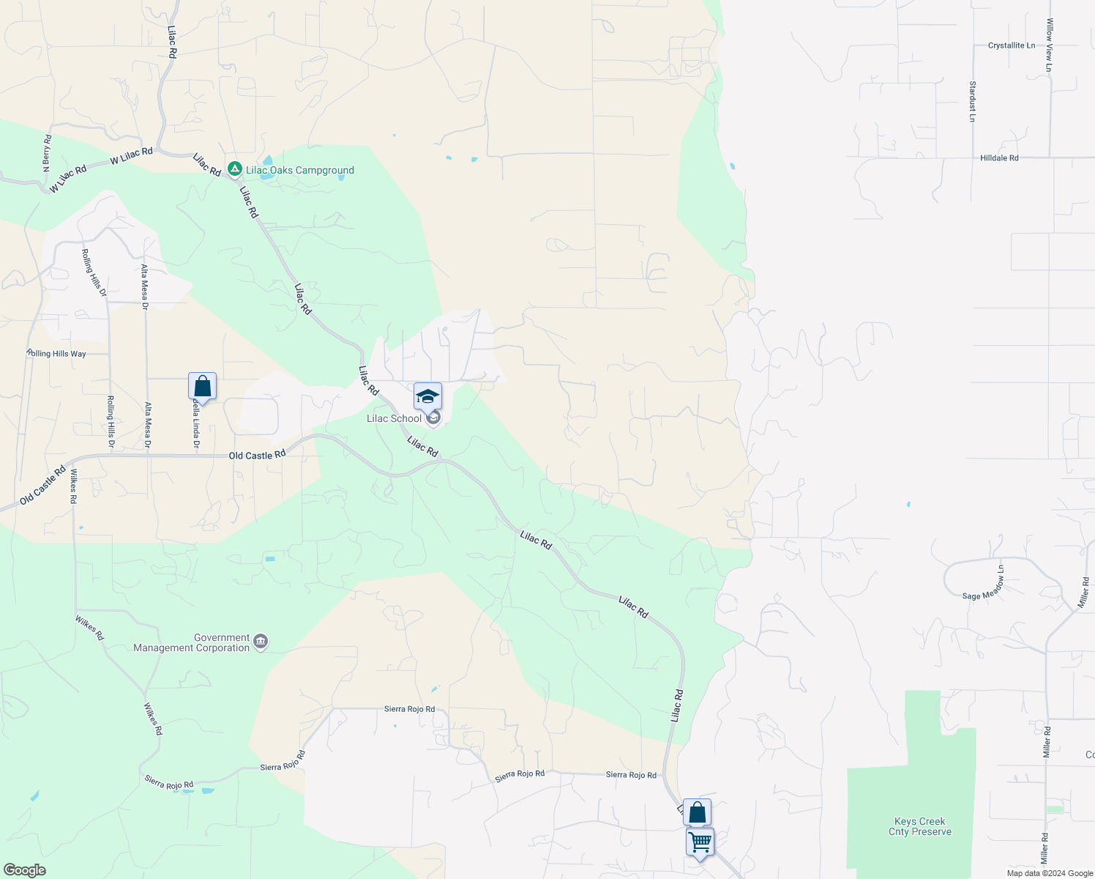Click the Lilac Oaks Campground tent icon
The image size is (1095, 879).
click(235, 170)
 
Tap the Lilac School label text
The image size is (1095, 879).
click(394, 419)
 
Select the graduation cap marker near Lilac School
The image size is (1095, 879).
click(427, 396)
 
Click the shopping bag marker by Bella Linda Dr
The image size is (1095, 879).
click(202, 386)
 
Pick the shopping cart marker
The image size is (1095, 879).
click(700, 842)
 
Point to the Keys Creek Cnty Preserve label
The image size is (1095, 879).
click(920, 826)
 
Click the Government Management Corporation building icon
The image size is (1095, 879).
click(261, 643)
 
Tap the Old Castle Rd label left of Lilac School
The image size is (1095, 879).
click(257, 456)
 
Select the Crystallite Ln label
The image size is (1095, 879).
click(1012, 45)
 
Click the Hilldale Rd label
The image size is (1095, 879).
click(999, 158)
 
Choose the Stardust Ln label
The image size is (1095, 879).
click(973, 101)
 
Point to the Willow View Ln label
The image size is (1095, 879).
click(1050, 45)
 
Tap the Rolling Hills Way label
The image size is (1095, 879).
click(56, 354)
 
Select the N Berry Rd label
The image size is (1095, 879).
click(47, 153)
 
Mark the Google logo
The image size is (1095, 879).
click(25, 870)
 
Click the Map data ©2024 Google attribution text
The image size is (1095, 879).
click(1050, 873)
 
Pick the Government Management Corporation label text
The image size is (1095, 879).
click(192, 643)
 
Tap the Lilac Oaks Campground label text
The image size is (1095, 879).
click(300, 170)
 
